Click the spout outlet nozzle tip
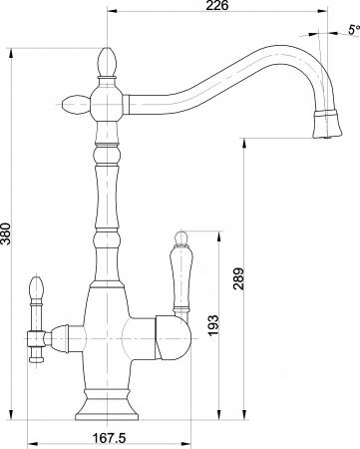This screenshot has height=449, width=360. [x=324, y=127]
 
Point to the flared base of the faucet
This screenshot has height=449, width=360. [x=109, y=405]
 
